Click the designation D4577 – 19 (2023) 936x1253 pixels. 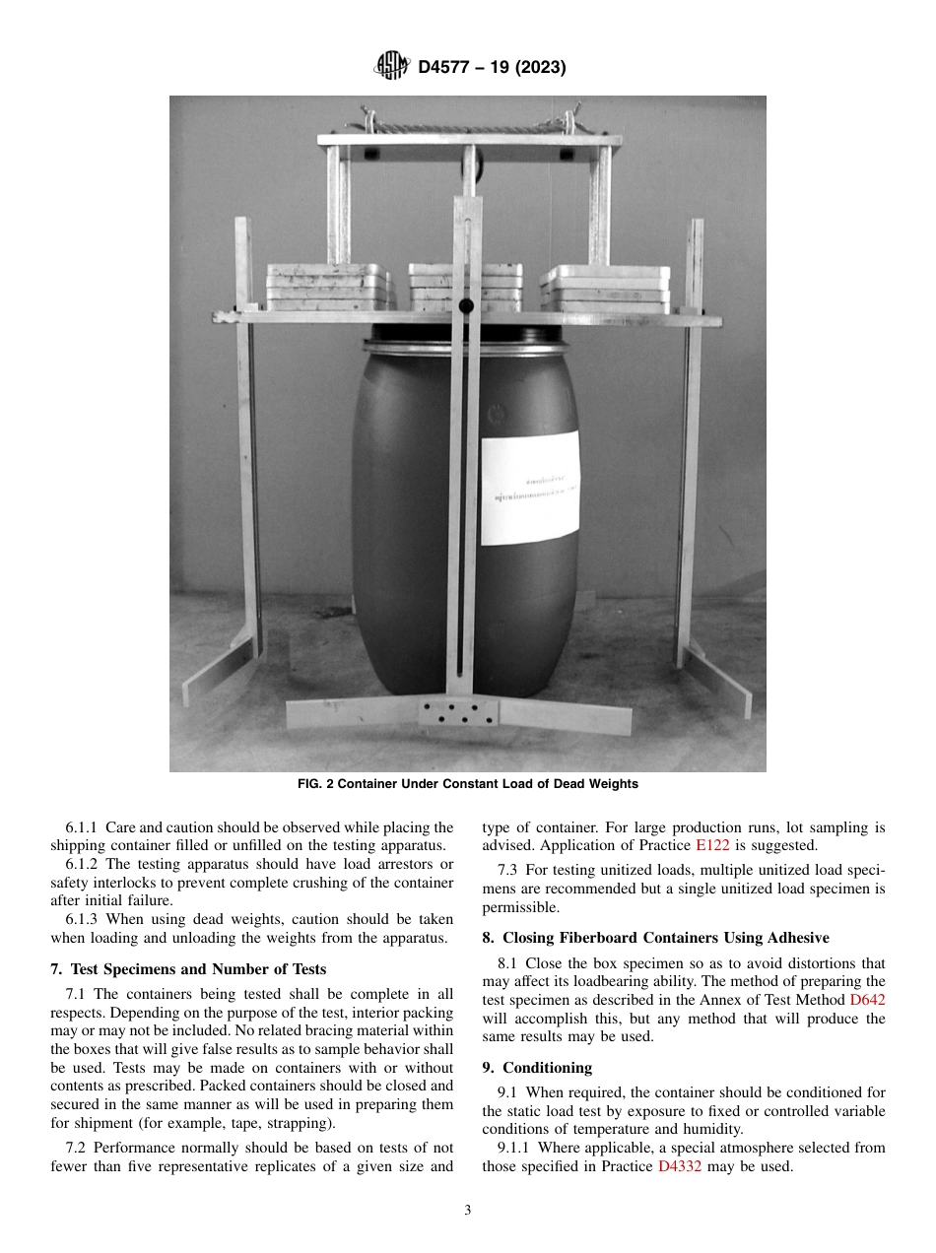pyautogui.click(x=492, y=68)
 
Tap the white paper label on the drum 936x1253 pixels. pyautogui.click(x=529, y=487)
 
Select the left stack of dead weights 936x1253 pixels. pyautogui.click(x=328, y=288)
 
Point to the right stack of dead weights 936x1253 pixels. pyautogui.click(x=605, y=288)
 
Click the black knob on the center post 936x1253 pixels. pyautogui.click(x=466, y=305)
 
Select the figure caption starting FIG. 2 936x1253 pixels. pyautogui.click(x=468, y=784)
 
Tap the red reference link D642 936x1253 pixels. pyautogui.click(x=867, y=999)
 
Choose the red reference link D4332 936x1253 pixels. pyautogui.click(x=679, y=1166)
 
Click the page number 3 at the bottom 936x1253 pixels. pyautogui.click(x=468, y=1211)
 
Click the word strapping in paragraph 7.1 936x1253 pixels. pyautogui.click(x=297, y=1123)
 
